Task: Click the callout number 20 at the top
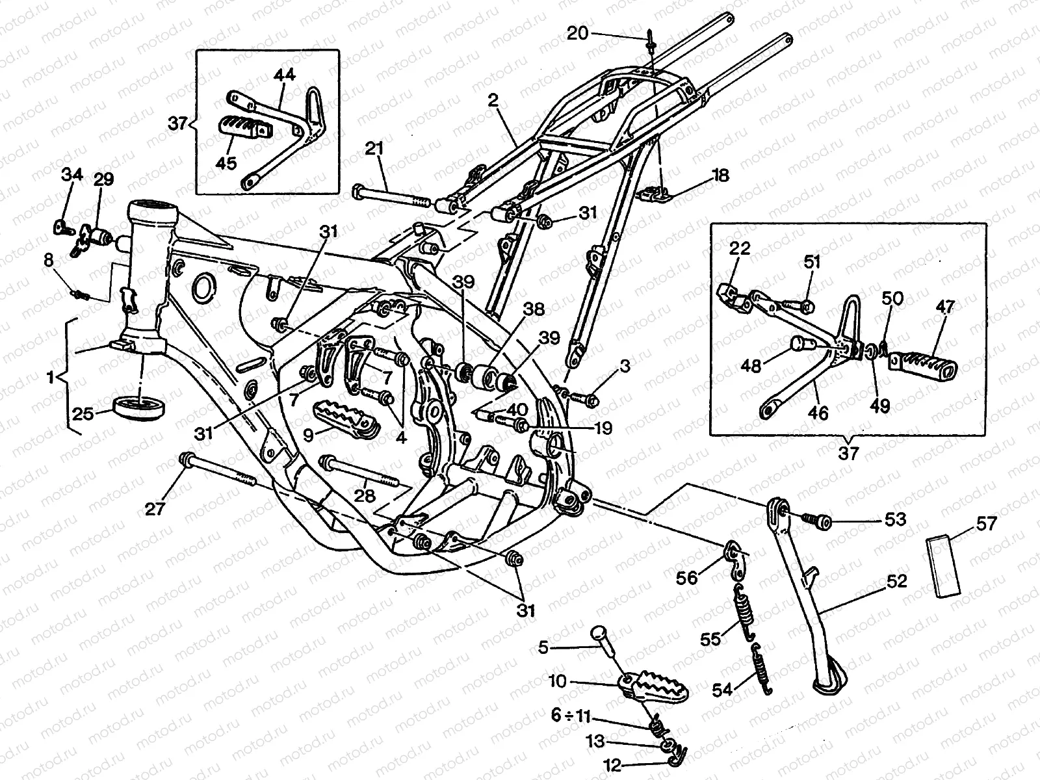click(x=577, y=33)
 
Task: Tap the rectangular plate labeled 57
click(x=943, y=565)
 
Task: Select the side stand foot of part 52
click(x=830, y=685)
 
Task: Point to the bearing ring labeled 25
click(x=140, y=407)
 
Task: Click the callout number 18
click(x=721, y=175)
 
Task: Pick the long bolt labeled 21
click(x=391, y=196)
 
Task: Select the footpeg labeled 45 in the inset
click(x=247, y=127)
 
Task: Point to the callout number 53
click(x=895, y=519)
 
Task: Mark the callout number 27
click(x=155, y=509)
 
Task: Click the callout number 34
click(x=72, y=175)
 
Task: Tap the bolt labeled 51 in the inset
click(x=797, y=305)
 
